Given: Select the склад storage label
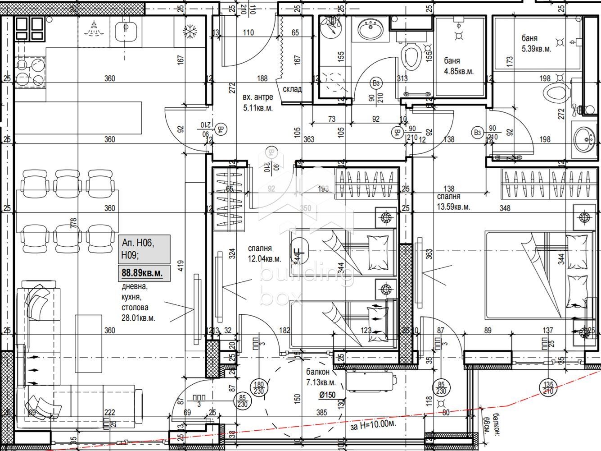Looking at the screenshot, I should [292, 89].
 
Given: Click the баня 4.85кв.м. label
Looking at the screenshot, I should [458, 66].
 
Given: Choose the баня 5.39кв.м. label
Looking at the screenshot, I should [536, 44].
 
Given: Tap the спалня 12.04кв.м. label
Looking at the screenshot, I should [264, 254].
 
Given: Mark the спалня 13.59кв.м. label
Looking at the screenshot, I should [453, 202].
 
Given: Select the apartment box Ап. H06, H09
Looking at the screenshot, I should [144, 249].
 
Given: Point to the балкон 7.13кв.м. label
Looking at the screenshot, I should [321, 377].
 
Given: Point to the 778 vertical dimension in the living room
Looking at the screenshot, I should [74, 223].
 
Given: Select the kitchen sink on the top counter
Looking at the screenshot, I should [125, 31].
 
